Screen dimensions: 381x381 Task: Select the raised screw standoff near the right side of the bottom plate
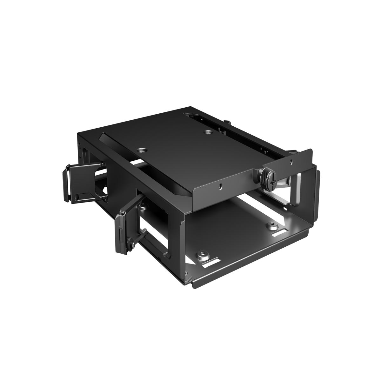272,226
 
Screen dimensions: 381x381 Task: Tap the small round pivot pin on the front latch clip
130,245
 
